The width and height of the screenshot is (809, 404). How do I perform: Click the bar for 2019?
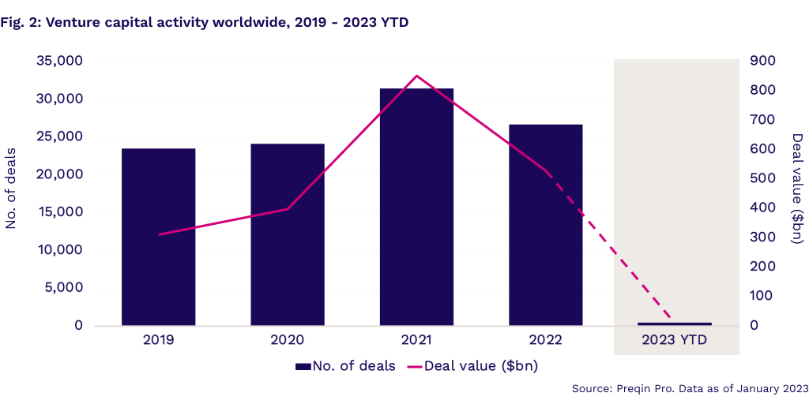[158, 237]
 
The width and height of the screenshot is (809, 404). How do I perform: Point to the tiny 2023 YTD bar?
[675, 324]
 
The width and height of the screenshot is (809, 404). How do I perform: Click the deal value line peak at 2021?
[416, 76]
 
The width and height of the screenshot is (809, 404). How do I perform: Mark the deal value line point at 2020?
[288, 209]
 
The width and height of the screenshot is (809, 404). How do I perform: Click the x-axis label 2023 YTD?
[675, 340]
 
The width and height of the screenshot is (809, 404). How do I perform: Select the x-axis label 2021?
[416, 340]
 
